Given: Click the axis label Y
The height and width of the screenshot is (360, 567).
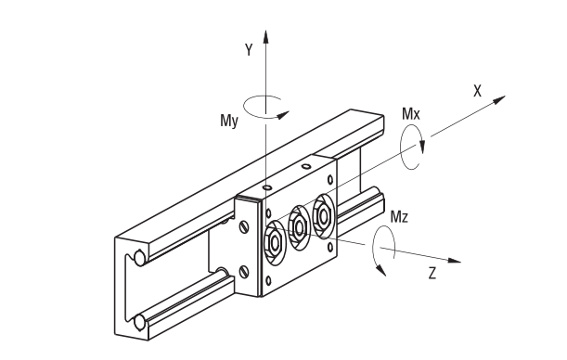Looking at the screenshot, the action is (x=249, y=49).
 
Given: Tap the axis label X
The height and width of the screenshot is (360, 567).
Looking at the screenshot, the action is (x=478, y=91).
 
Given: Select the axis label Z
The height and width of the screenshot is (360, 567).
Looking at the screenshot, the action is (x=432, y=273).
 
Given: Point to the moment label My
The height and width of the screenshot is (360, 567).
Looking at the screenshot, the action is (x=229, y=121).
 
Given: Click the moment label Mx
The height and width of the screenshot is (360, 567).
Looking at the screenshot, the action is (x=411, y=114).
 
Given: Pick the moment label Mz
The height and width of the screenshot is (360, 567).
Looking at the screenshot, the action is (x=400, y=217).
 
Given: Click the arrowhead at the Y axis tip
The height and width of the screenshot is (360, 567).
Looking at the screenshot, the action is (x=265, y=37).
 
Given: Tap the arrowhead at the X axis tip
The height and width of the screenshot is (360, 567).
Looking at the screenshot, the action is (x=499, y=99).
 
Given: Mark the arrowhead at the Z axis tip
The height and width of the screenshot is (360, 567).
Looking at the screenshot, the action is (x=454, y=261).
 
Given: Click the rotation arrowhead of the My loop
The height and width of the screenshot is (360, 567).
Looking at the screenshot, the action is (x=284, y=115).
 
